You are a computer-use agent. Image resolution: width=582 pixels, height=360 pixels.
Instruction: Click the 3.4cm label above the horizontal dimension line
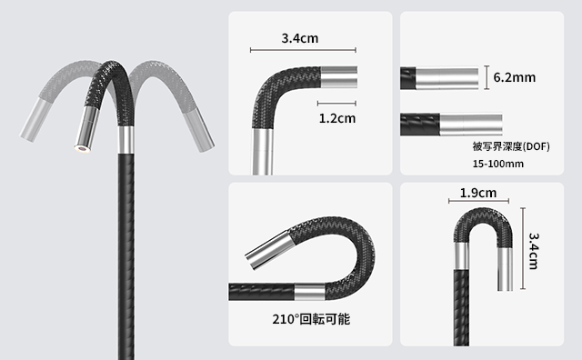click(300, 38)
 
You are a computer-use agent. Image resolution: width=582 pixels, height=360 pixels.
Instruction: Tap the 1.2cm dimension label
click(337, 118)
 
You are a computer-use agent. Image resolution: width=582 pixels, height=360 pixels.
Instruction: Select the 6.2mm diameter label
click(515, 77)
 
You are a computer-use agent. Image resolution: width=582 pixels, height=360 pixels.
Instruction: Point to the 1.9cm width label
click(478, 193)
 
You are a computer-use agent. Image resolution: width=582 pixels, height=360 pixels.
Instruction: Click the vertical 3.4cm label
click(534, 251)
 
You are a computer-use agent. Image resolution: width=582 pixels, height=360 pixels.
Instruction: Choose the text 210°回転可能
click(311, 319)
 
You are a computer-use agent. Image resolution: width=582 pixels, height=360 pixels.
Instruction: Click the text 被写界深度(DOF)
click(511, 146)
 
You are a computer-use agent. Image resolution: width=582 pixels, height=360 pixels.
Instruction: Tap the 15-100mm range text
click(498, 164)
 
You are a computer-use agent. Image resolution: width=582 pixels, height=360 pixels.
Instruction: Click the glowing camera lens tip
click(82, 149)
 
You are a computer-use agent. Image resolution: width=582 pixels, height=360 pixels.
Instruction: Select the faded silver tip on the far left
click(35, 120)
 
